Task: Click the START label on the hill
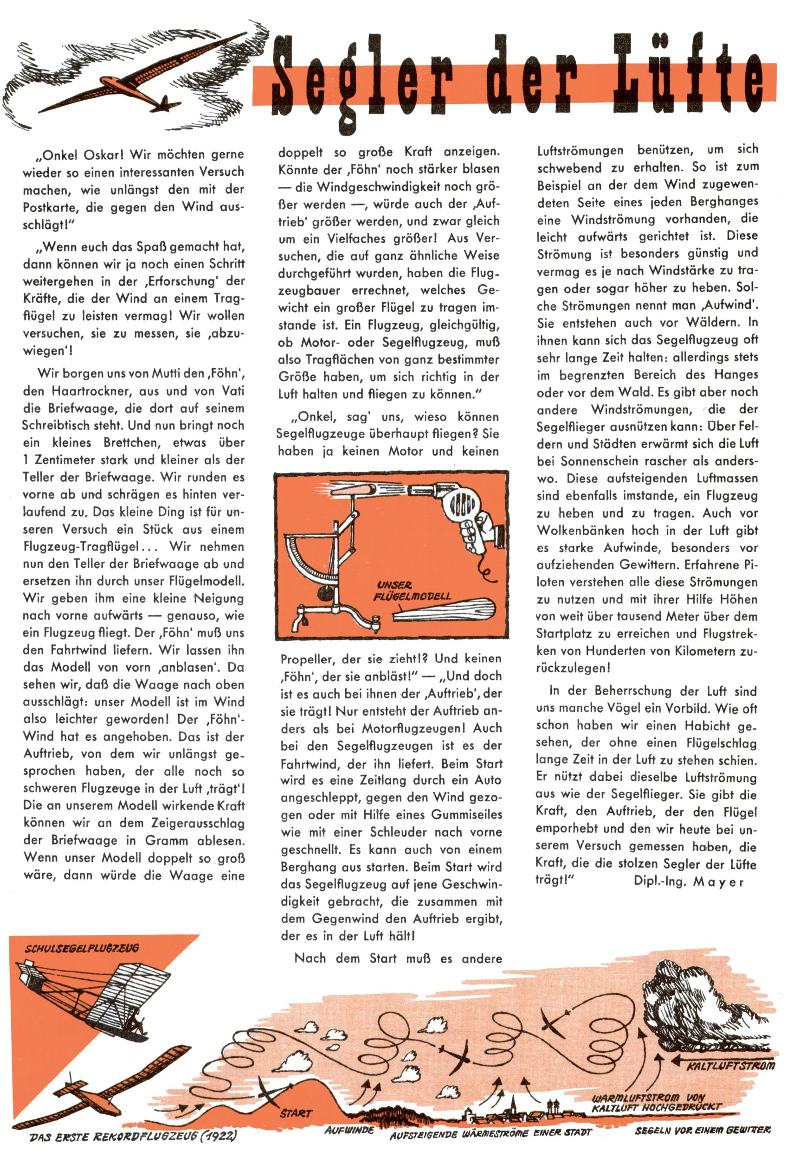coord(296,1114)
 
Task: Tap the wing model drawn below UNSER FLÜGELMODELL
coord(443,610)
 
